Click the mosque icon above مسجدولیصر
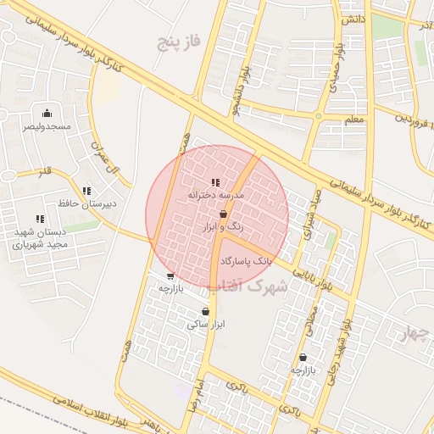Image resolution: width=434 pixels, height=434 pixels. [47, 113]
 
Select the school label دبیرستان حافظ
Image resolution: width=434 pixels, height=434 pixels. [87, 204]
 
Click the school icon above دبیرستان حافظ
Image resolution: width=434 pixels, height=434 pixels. [86, 191]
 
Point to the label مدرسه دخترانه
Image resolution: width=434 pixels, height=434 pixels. [215, 195]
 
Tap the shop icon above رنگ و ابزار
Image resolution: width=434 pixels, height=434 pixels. [223, 215]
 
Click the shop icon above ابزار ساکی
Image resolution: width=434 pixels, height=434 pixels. [206, 311]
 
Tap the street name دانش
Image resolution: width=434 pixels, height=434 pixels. [353, 18]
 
